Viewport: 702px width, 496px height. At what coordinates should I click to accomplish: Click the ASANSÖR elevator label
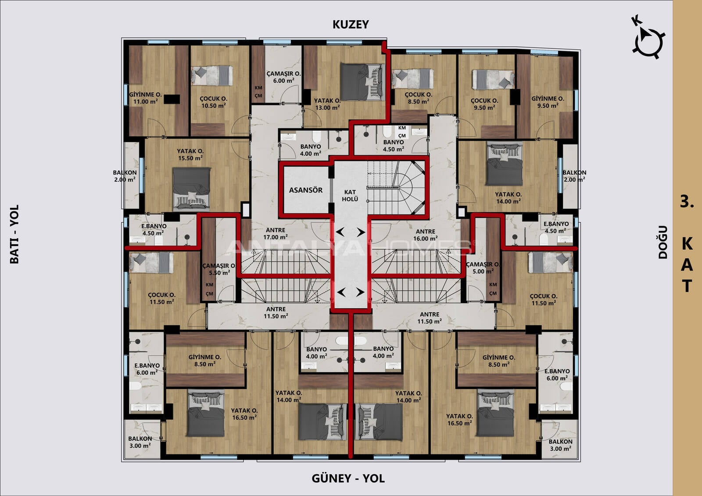coord(305,190)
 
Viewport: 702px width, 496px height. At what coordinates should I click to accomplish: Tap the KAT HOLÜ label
coord(350,196)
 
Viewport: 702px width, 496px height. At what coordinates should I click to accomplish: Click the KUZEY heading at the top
coord(351,25)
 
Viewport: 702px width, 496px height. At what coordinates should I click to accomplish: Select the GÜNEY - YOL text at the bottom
coord(348,478)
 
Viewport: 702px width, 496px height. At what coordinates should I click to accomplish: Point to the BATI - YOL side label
coord(14,234)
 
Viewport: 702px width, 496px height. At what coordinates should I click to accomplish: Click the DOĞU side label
coord(663,242)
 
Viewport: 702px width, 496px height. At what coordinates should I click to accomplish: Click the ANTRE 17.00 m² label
coord(276,234)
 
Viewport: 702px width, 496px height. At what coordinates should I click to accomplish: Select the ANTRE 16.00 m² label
coord(425,235)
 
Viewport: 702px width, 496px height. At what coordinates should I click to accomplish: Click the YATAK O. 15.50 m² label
coord(190,154)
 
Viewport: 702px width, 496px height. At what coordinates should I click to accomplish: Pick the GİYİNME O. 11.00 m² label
coord(145,98)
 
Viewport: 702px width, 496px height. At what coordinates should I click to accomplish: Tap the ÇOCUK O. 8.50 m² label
coord(419,98)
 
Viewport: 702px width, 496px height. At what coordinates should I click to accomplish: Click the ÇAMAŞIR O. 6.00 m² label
coord(283,77)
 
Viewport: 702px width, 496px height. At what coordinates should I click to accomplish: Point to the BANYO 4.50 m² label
coord(393,146)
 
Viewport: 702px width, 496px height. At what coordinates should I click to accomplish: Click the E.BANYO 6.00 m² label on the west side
coord(147,369)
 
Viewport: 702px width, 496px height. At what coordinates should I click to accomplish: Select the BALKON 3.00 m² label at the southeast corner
coord(560,445)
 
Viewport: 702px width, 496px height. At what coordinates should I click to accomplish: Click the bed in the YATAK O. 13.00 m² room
coord(362,82)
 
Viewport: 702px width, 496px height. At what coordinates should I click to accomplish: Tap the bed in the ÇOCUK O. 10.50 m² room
coord(212,75)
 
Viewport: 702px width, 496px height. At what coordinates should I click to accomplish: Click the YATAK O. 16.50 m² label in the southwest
coord(244,414)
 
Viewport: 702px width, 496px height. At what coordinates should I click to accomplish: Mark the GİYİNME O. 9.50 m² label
coord(548,102)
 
